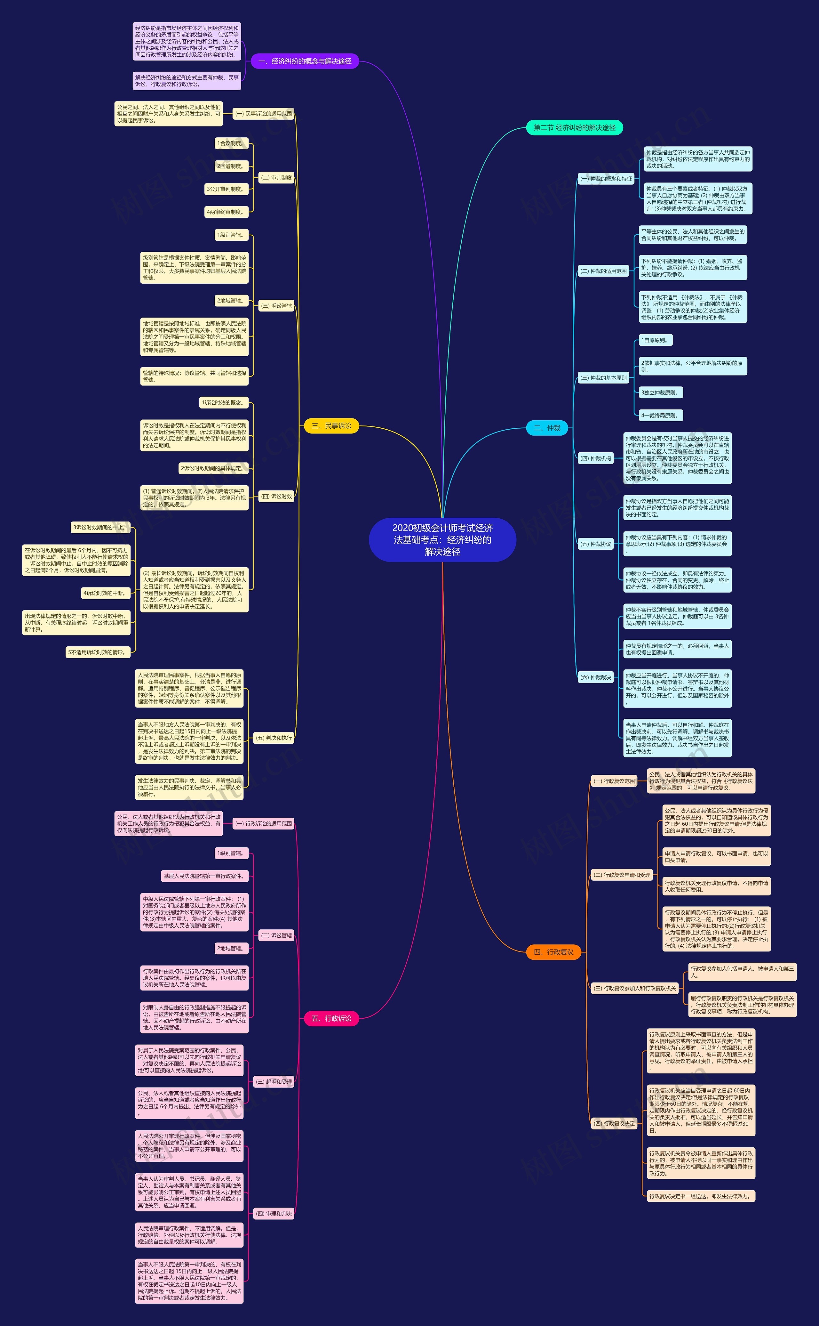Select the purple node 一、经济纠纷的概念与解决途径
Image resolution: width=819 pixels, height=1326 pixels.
[x=305, y=61]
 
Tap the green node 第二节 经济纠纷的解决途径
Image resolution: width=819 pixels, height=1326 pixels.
[x=574, y=128]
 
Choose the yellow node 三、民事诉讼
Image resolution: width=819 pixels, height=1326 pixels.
[x=331, y=426]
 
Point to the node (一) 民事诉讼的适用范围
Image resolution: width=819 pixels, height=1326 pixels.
[x=263, y=114]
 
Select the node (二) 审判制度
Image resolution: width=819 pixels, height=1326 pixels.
[x=276, y=178]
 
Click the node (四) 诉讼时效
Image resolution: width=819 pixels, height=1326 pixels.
[x=276, y=496]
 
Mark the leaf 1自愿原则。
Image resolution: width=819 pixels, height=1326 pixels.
[x=654, y=340]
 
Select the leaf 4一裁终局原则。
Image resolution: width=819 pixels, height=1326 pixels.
[x=660, y=416]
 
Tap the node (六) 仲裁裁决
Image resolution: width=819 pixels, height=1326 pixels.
[x=595, y=677]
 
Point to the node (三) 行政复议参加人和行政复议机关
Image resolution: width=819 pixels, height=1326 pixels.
[x=635, y=988]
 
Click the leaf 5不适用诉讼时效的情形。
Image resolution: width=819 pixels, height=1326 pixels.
[x=98, y=652]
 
